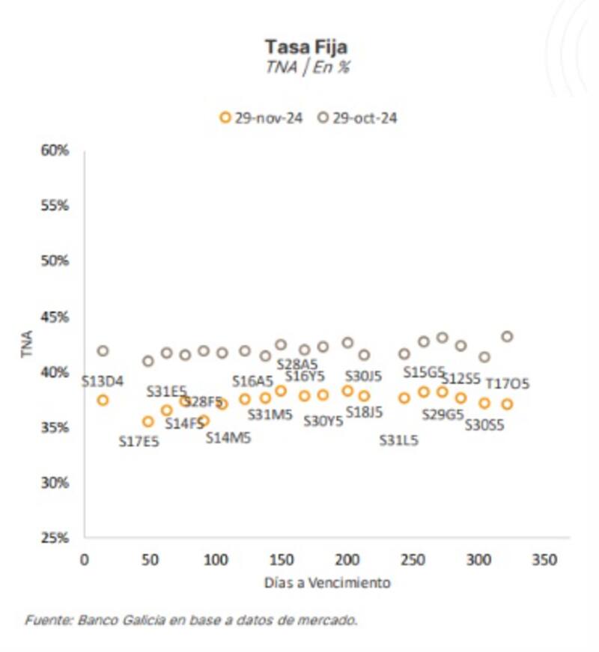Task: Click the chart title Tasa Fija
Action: tap(307, 47)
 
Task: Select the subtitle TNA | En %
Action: tap(307, 66)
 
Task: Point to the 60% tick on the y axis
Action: tap(55, 150)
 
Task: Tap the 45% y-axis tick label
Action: tap(55, 317)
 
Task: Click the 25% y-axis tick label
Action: tap(55, 537)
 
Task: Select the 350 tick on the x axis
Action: tap(544, 560)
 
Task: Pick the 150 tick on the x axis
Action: tap(281, 560)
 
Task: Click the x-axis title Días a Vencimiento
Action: tap(327, 582)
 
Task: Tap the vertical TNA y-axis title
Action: tap(28, 344)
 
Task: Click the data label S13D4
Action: tap(102, 381)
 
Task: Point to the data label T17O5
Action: tap(508, 384)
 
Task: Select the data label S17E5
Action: tap(139, 442)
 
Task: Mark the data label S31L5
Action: tap(398, 441)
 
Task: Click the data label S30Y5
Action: tap(323, 421)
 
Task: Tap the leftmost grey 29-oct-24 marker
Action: tap(103, 351)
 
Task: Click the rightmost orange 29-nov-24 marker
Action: tap(507, 404)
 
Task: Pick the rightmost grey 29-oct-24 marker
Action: tap(507, 337)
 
